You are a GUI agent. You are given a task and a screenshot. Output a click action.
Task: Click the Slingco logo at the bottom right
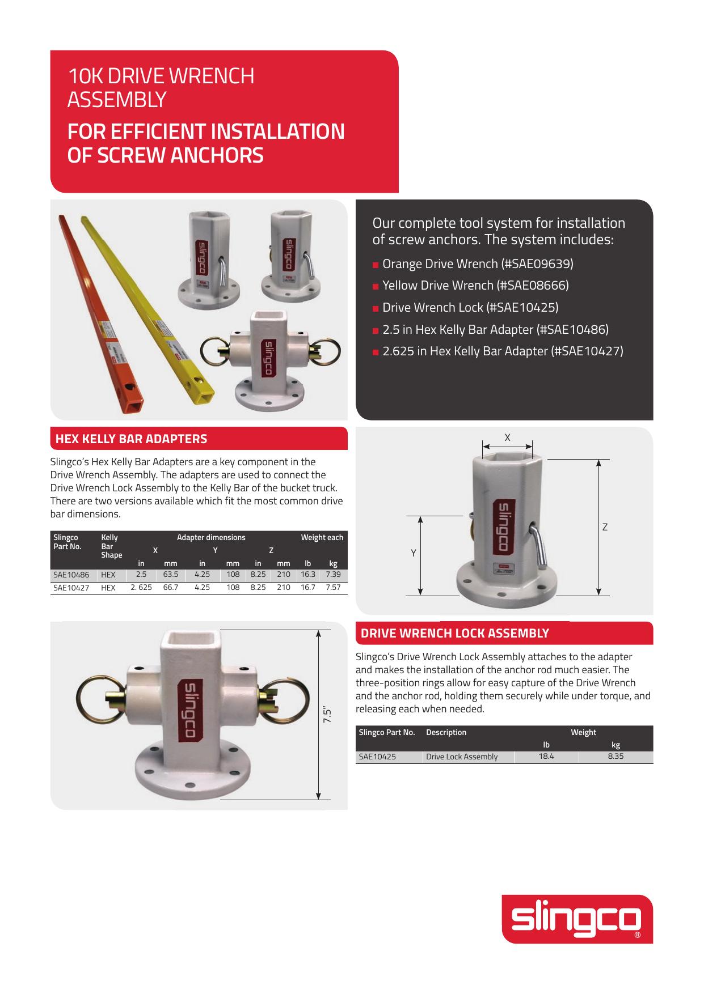pos(577,919)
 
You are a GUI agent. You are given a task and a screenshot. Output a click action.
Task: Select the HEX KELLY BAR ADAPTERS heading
pos(131,439)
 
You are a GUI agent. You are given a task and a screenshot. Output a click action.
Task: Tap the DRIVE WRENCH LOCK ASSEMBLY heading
pos(455,633)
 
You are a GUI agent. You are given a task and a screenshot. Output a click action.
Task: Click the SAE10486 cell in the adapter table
pos(71,574)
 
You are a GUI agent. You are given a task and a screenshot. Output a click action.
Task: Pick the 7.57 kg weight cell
pos(333,587)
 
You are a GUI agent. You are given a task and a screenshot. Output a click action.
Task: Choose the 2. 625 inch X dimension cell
pos(141,587)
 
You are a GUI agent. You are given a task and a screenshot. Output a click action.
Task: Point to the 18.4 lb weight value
pos(546,756)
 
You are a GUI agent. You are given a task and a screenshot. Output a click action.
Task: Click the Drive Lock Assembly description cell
pos(462,757)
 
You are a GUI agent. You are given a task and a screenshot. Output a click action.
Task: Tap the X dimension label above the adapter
pos(508,437)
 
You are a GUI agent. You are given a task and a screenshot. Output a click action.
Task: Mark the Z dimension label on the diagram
pos(605,527)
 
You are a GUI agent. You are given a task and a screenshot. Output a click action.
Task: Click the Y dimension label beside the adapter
pos(414,553)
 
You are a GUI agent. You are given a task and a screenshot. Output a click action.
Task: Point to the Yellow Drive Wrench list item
pos(475,285)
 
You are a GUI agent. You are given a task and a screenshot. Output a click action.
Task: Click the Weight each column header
pos(322,537)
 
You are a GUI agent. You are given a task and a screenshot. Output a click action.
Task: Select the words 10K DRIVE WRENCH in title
pos(161,75)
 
